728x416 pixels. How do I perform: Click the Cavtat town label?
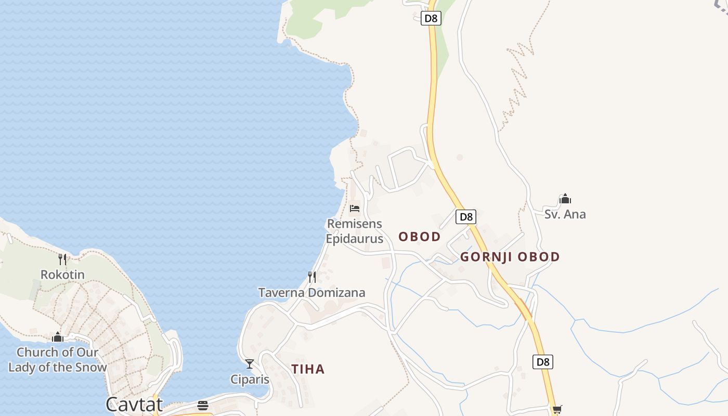click(x=134, y=404)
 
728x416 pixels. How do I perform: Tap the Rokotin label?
click(x=62, y=275)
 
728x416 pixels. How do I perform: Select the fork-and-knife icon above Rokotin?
click(x=62, y=259)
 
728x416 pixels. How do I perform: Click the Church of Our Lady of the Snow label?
click(x=57, y=359)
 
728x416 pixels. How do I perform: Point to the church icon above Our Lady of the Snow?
click(x=58, y=337)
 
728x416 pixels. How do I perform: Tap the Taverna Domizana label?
click(x=311, y=293)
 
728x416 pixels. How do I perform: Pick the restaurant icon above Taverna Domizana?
click(x=311, y=277)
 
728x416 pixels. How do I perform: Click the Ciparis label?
click(x=250, y=380)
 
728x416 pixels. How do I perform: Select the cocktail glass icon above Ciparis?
click(x=250, y=364)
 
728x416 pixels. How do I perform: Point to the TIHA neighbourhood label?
click(x=308, y=369)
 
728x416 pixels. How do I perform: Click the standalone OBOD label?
click(x=419, y=237)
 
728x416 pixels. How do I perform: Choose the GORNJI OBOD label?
click(x=510, y=257)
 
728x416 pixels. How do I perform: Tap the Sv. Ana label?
click(x=565, y=214)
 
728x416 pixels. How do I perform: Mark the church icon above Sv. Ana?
click(x=565, y=199)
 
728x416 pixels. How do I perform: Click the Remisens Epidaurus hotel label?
click(x=354, y=231)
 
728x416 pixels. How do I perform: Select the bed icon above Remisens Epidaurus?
click(x=355, y=209)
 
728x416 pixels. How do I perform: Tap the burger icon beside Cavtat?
click(x=203, y=406)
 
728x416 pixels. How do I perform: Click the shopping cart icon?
click(x=557, y=410)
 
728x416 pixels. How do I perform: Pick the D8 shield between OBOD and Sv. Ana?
click(x=466, y=217)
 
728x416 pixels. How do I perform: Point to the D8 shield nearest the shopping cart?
click(x=542, y=362)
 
